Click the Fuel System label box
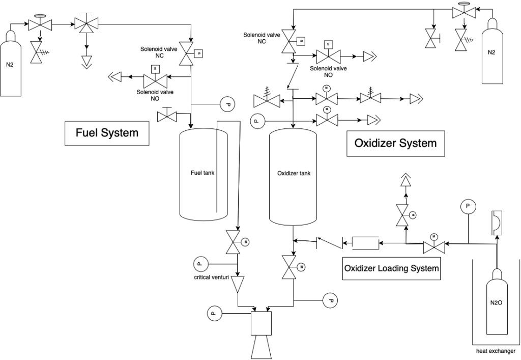click(x=107, y=133)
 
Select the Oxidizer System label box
click(x=395, y=143)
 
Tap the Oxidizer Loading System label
click(x=391, y=268)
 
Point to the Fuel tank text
click(x=202, y=173)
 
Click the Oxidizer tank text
click(x=294, y=173)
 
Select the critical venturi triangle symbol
click(x=238, y=284)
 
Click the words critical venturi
click(x=211, y=277)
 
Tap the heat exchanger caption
click(x=496, y=351)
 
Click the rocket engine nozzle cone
click(x=262, y=347)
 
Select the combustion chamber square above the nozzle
click(x=261, y=323)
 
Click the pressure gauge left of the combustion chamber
click(x=214, y=313)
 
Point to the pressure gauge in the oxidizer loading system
click(x=468, y=206)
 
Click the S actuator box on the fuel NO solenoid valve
click(x=155, y=69)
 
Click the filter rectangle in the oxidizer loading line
click(x=365, y=243)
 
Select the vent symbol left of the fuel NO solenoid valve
click(x=115, y=77)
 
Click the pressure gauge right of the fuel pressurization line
click(x=227, y=104)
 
